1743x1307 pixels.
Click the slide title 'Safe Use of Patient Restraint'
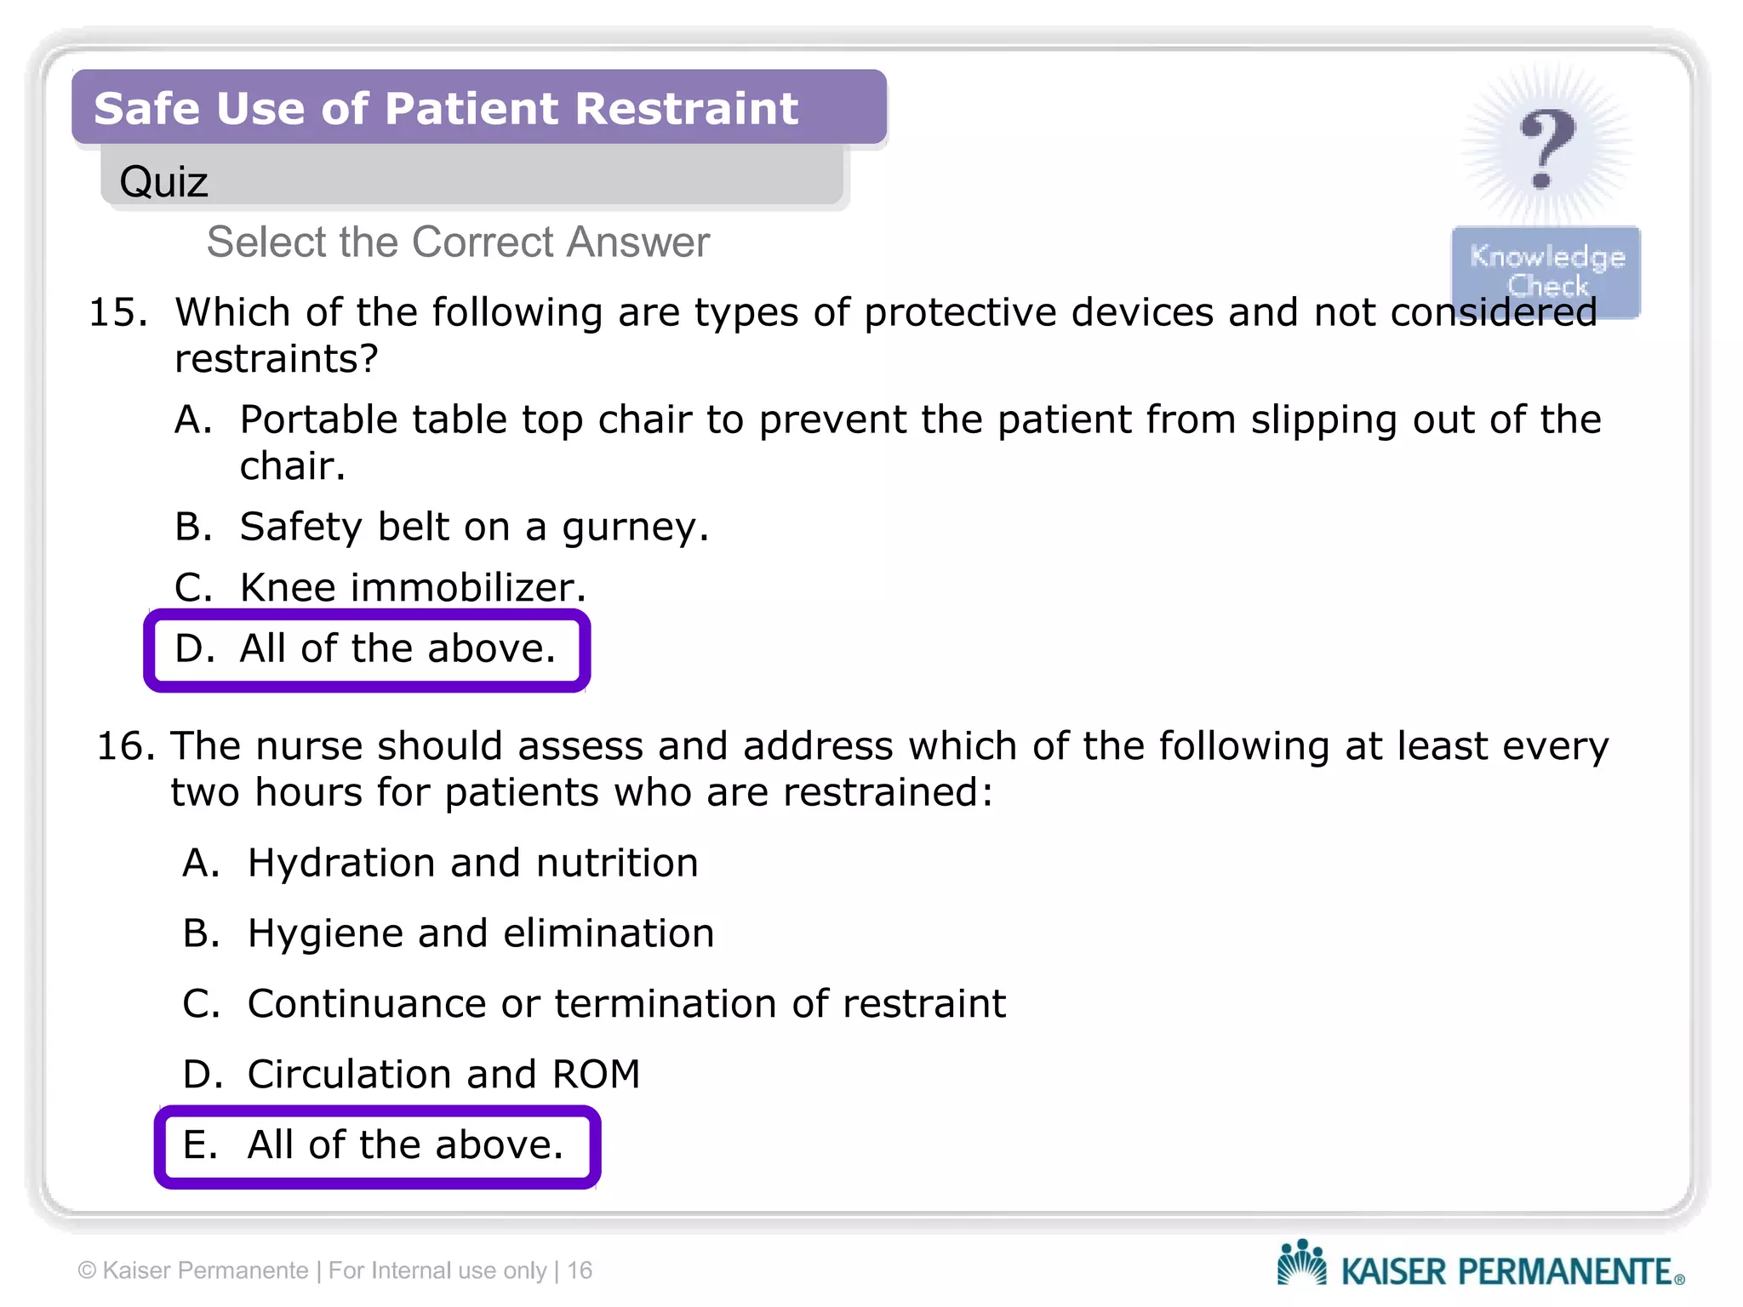(x=446, y=109)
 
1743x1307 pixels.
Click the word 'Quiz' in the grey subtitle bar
(x=163, y=181)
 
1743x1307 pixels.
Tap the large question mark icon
(x=1546, y=149)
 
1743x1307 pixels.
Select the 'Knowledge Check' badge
(x=1546, y=271)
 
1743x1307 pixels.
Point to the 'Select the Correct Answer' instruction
(x=458, y=243)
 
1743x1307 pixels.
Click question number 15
(x=117, y=313)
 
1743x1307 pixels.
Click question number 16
(x=125, y=746)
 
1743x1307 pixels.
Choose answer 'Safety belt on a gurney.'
(x=473, y=527)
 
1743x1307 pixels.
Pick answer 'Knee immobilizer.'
(x=413, y=587)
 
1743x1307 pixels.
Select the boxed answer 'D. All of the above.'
(x=367, y=649)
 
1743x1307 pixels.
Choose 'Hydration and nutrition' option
(x=472, y=863)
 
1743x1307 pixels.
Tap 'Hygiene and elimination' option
(x=480, y=933)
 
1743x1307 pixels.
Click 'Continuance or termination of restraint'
(x=626, y=1004)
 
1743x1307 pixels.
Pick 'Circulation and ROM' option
(x=443, y=1074)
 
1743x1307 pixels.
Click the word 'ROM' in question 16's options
(x=596, y=1074)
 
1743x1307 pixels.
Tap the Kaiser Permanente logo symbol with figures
(x=1301, y=1262)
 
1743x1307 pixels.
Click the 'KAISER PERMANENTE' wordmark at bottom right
(x=1506, y=1271)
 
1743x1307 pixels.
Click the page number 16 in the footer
(x=580, y=1270)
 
